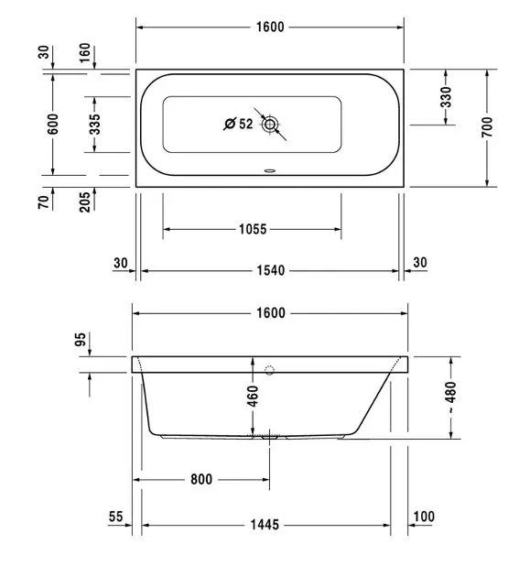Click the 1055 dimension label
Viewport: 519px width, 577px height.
pos(253,229)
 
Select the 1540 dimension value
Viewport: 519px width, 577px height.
pos(271,270)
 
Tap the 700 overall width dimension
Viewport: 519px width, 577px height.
pos(487,127)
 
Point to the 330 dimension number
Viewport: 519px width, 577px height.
pos(446,97)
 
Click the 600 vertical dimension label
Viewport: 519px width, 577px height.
pos(53,124)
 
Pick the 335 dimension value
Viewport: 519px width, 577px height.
pos(94,125)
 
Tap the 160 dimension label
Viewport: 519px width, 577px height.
pos(84,52)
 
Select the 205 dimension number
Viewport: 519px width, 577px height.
pos(84,202)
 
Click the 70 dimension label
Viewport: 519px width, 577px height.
pos(43,202)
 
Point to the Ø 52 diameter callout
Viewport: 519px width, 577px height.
pos(238,124)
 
